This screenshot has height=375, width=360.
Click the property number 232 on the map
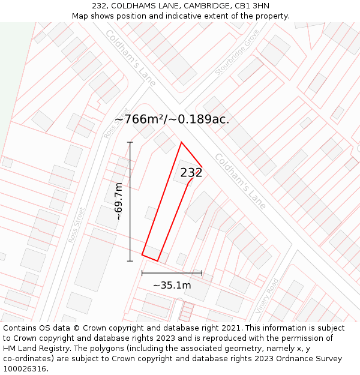191,173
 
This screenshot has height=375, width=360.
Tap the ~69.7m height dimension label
119,202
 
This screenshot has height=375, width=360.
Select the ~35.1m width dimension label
172,285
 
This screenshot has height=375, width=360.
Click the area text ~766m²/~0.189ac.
172,119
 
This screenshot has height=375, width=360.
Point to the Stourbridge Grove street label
233,53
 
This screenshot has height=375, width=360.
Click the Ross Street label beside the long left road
77,225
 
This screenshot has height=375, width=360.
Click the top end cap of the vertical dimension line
130,142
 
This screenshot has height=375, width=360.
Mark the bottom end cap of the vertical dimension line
130,261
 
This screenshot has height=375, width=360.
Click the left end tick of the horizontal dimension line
142,273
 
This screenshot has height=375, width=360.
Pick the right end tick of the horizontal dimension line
202,273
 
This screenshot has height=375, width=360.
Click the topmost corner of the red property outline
181,142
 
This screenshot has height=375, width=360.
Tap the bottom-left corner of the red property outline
142,255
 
